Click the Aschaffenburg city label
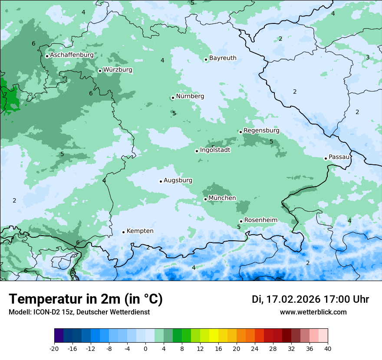click(x=72, y=55)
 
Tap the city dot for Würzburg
click(x=100, y=71)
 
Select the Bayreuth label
click(x=223, y=58)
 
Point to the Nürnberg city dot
click(x=173, y=98)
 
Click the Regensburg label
click(x=261, y=130)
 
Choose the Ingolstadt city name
click(x=215, y=150)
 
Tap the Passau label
click(x=339, y=157)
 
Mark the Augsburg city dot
click(x=161, y=181)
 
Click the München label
click(x=222, y=198)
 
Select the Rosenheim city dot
click(x=241, y=221)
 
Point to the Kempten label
click(x=140, y=231)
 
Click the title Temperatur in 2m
click(x=86, y=299)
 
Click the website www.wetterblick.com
click(x=313, y=312)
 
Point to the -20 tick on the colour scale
click(x=54, y=348)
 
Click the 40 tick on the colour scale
click(x=328, y=348)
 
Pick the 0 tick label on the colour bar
click(x=145, y=348)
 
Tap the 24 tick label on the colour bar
click(x=255, y=348)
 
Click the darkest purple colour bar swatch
click(x=59, y=336)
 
